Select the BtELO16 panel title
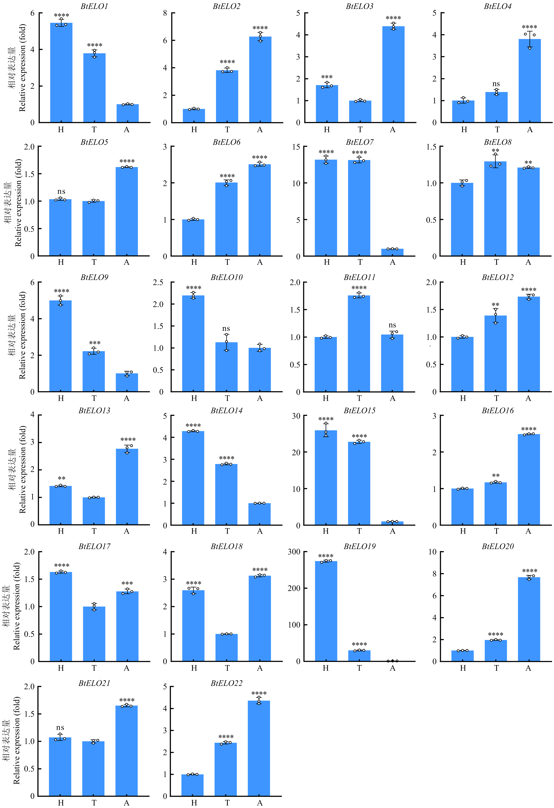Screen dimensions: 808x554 [497, 411]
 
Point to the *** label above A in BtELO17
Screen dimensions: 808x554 [127, 583]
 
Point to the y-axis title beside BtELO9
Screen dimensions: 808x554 [17, 336]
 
